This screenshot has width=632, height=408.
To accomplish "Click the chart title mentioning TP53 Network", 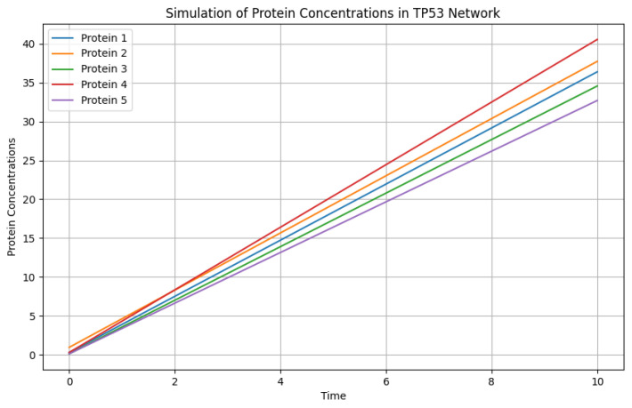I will (333, 12).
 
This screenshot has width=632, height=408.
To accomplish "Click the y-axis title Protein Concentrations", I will (12, 196).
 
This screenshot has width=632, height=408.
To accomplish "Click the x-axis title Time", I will (333, 396).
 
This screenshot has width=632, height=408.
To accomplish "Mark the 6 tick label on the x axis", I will (386, 380).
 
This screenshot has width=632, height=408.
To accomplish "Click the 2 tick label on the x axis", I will (174, 380).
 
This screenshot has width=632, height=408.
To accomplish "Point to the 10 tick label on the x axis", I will (597, 380).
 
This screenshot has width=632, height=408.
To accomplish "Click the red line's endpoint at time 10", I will (597, 39).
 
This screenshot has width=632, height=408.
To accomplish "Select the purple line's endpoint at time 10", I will (597, 100).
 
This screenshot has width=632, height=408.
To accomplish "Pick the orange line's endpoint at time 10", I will (597, 61).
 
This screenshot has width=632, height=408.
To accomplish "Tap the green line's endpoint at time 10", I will (597, 85).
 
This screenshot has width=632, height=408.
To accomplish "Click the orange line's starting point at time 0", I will (69, 348).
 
